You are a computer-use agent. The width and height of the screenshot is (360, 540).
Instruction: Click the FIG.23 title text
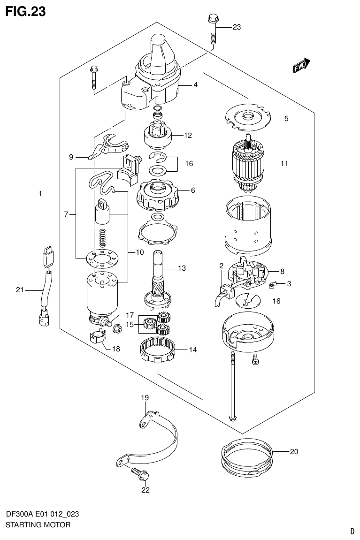tap(25, 11)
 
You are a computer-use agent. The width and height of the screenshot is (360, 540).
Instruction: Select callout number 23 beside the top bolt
tap(236, 27)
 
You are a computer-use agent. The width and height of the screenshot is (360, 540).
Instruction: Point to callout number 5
tap(286, 119)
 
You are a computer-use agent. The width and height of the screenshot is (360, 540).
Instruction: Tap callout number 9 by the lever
tap(71, 157)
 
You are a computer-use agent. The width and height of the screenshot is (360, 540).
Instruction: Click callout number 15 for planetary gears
tap(130, 324)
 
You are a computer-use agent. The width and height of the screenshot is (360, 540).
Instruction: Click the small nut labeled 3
tap(273, 284)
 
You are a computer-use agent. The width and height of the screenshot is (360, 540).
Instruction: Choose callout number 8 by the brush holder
tap(283, 271)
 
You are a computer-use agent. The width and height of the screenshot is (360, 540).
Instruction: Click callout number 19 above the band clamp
tap(145, 398)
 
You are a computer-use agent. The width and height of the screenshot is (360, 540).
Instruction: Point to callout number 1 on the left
tap(41, 193)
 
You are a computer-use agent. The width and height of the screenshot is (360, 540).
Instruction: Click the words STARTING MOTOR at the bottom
tap(38, 525)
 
